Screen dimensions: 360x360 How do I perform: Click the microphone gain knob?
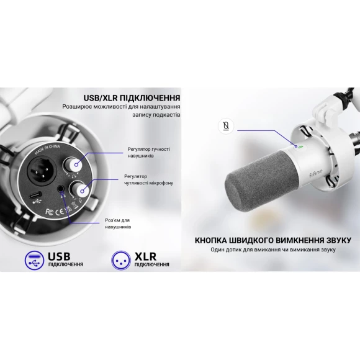tap(79, 190)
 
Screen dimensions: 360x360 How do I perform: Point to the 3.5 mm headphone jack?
tap(61, 189)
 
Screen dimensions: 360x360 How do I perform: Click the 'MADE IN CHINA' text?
tap(47, 149)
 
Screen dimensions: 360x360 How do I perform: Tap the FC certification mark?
tap(50, 212)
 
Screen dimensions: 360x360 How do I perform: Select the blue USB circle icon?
tap(34, 261)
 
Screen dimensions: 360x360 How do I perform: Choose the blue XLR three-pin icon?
tap(121, 261)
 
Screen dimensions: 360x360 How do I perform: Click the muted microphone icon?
tap(226, 126)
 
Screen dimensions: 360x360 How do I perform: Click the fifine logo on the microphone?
tap(316, 173)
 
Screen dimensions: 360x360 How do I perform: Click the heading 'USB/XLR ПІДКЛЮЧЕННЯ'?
tap(132, 98)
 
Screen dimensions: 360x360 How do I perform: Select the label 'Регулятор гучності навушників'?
tap(149, 153)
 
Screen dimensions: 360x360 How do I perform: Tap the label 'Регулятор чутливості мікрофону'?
tap(148, 180)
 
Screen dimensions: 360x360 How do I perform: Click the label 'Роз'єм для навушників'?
tap(118, 223)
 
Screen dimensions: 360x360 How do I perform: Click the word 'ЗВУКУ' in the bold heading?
tap(339, 240)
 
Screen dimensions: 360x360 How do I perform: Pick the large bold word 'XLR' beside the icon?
tap(145, 256)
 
